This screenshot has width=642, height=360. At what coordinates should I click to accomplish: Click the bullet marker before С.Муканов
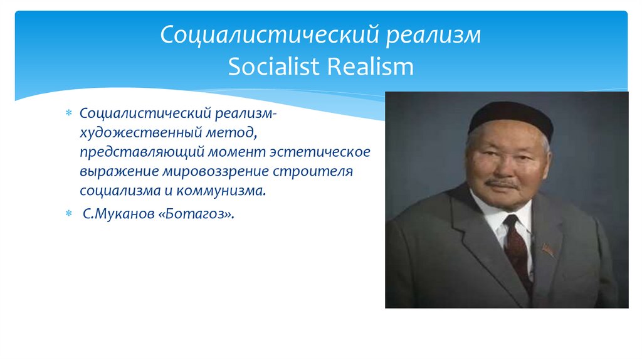70,214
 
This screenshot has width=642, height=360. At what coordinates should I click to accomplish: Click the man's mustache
502,184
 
